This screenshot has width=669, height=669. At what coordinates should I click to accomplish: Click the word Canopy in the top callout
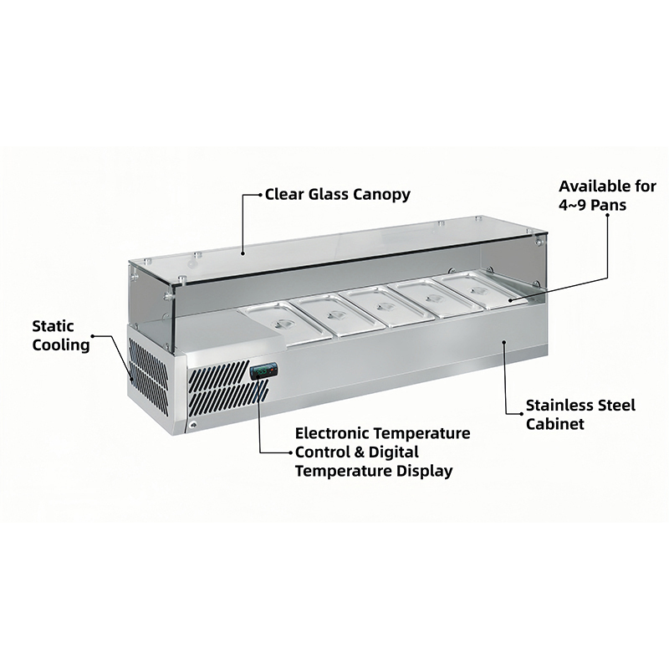(383, 195)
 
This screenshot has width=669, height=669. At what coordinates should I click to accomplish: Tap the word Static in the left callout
(53, 326)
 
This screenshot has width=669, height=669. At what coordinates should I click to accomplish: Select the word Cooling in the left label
(61, 345)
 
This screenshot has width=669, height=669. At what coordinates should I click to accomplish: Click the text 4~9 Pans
(593, 205)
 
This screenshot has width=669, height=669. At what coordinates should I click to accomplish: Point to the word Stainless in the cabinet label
(553, 406)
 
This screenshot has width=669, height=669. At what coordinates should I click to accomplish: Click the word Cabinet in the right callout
(554, 424)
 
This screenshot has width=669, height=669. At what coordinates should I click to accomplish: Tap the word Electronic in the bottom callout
(331, 433)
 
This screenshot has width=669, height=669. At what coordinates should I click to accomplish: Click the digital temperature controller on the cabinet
(263, 371)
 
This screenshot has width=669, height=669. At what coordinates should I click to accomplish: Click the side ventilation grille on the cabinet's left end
(149, 375)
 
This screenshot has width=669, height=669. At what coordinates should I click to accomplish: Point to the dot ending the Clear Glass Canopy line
(243, 253)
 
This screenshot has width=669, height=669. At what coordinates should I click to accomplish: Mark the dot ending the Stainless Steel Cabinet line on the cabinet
(504, 342)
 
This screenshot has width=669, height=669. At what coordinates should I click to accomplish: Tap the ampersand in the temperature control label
(359, 452)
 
